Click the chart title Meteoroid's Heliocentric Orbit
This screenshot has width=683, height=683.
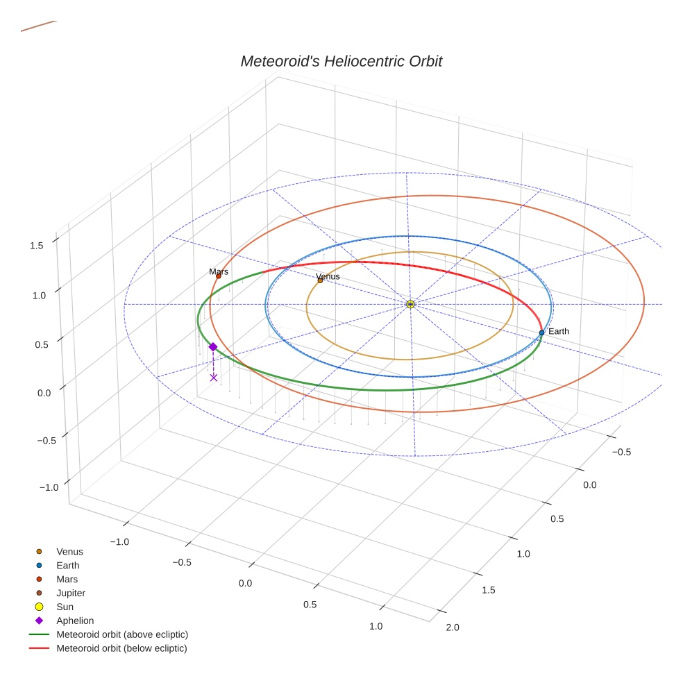point(341,61)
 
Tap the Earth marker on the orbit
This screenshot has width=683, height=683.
point(541,332)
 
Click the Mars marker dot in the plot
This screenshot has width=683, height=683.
point(219,276)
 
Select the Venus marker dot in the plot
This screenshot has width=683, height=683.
point(320,280)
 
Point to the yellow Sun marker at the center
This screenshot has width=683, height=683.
point(410,304)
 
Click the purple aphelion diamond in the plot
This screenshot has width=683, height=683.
point(213,346)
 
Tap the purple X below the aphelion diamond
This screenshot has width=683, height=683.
point(214,378)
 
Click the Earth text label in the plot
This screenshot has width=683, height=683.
point(558,332)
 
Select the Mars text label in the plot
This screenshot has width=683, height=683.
point(219,272)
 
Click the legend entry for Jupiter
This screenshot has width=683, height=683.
point(71,593)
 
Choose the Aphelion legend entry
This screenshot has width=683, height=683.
point(75,621)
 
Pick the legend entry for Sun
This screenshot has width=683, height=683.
point(65,607)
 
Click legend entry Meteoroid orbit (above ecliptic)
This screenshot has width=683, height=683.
point(122,634)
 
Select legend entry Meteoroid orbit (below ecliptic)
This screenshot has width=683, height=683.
point(121,648)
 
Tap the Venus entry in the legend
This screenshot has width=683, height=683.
point(69,552)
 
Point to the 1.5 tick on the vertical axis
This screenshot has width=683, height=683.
point(37,245)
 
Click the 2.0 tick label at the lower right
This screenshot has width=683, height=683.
point(453,627)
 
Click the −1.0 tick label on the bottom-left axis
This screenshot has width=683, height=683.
point(119,541)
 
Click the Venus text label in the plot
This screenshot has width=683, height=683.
point(328,276)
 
